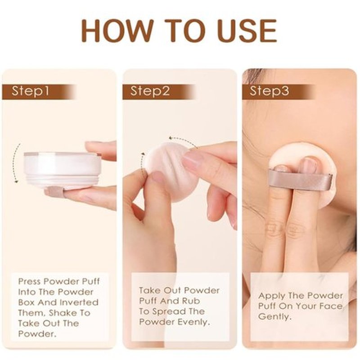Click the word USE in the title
pyautogui.click(x=247, y=31)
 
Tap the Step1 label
pyautogui.click(x=31, y=91)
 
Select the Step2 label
pyautogui.click(x=150, y=91)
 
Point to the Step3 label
pyautogui.click(x=269, y=91)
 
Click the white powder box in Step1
pyautogui.click(x=63, y=170)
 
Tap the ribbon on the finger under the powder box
pyautogui.click(x=54, y=193)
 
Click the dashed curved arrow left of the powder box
pyautogui.click(x=16, y=163)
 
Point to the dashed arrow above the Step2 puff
pyautogui.click(x=183, y=140)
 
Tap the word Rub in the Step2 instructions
pyautogui.click(x=191, y=301)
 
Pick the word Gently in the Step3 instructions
pyautogui.click(x=275, y=317)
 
